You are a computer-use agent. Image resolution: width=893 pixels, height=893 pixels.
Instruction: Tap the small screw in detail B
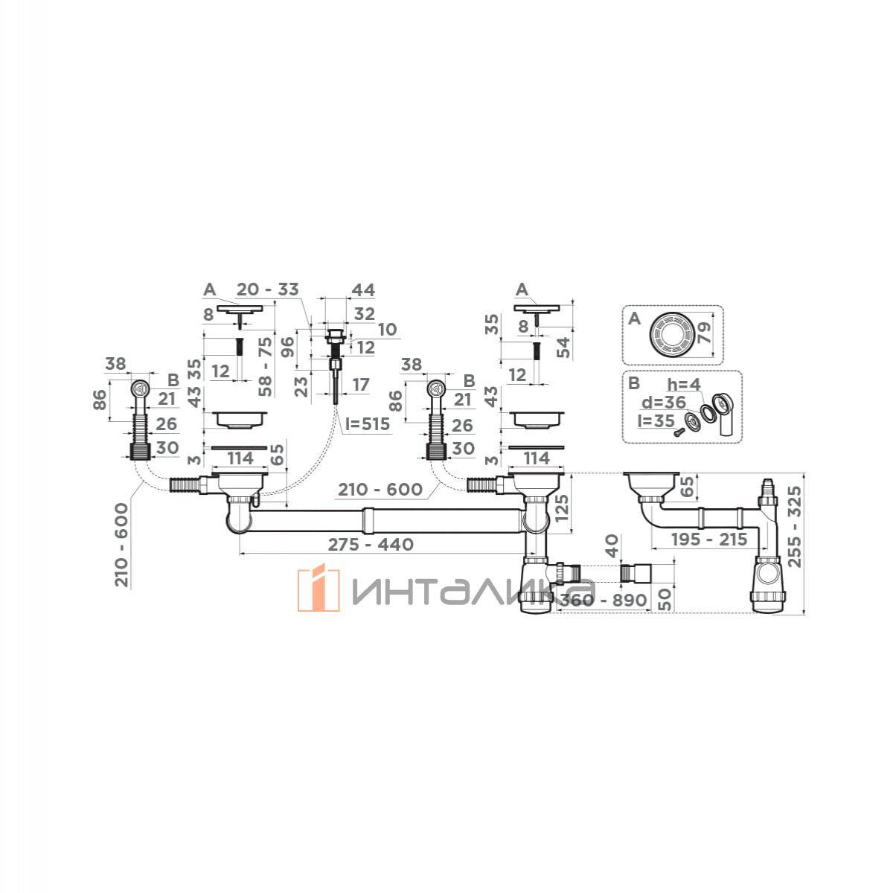tap(679, 431)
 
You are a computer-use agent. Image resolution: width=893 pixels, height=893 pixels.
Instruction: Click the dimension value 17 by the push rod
tap(360, 385)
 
